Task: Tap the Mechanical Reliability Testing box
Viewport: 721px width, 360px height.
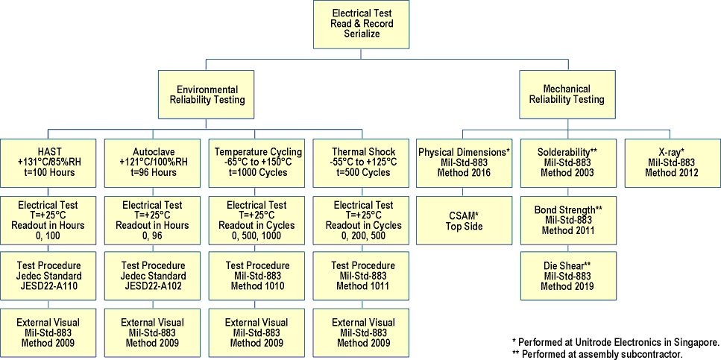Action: (567, 94)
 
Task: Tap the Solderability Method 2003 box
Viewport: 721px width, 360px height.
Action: (568, 162)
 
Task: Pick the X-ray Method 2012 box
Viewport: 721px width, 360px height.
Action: (672, 162)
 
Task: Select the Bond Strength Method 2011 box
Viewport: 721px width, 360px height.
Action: (568, 221)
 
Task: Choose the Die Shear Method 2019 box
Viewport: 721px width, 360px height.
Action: (568, 275)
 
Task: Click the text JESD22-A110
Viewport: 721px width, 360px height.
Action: (48, 286)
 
